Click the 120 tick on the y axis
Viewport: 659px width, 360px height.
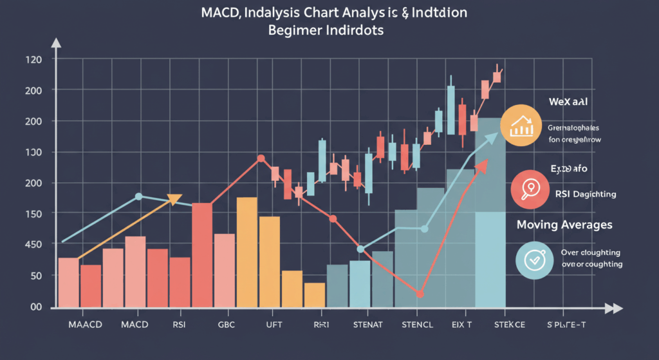(33, 60)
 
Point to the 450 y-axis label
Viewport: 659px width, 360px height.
(33, 245)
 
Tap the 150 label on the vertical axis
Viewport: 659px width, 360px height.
(33, 214)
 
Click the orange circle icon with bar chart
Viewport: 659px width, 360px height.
(522, 126)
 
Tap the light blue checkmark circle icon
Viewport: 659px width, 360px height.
(534, 260)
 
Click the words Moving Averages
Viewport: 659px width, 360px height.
(564, 225)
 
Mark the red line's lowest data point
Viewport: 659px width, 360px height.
(420, 294)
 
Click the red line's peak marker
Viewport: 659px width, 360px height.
(261, 158)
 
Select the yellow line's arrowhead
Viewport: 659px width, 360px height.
(174, 199)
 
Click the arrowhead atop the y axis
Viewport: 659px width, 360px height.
(56, 44)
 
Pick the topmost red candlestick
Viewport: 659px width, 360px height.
(497, 76)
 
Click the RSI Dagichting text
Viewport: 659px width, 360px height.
(584, 193)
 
